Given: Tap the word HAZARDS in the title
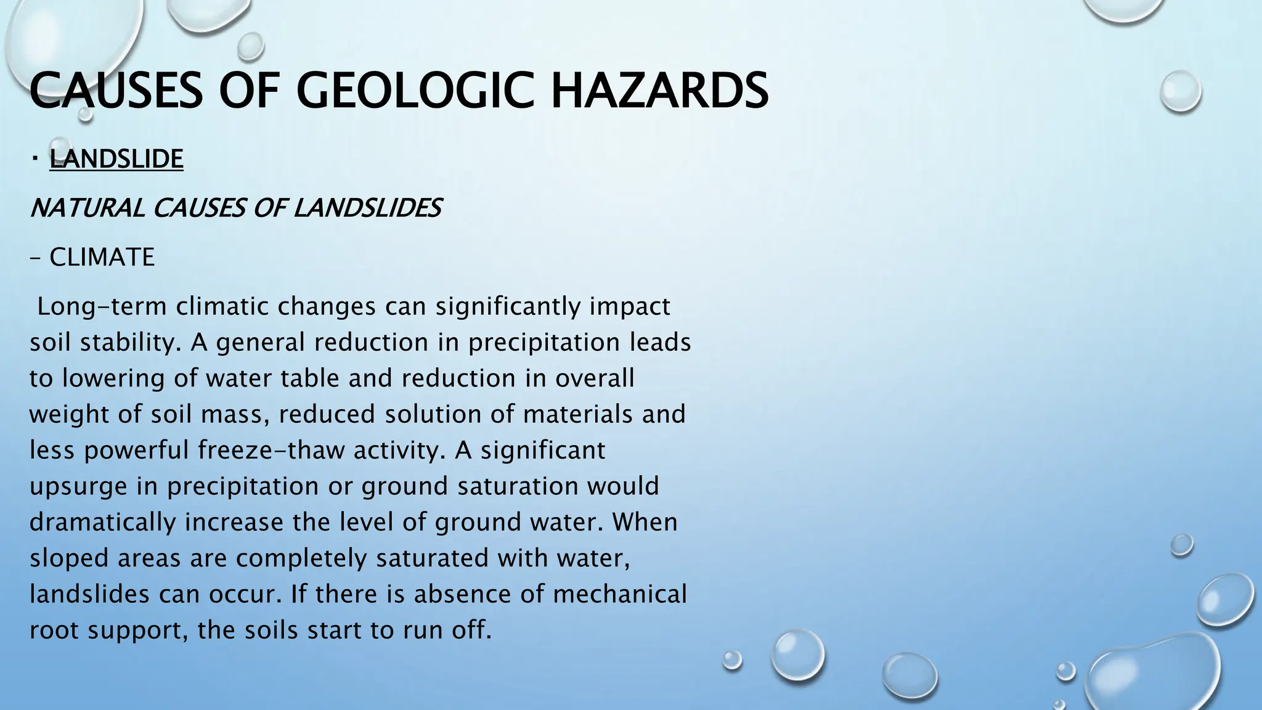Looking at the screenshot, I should point(659,91).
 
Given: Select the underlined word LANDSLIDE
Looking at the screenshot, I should point(116,159).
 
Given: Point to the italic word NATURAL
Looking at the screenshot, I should point(87,208).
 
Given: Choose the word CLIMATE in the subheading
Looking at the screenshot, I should point(102,257).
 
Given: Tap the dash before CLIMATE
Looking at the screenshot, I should point(35,258).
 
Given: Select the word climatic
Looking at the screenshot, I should point(225,306).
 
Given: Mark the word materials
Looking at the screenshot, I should point(578,414).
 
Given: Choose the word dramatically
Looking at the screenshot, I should point(103,522).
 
